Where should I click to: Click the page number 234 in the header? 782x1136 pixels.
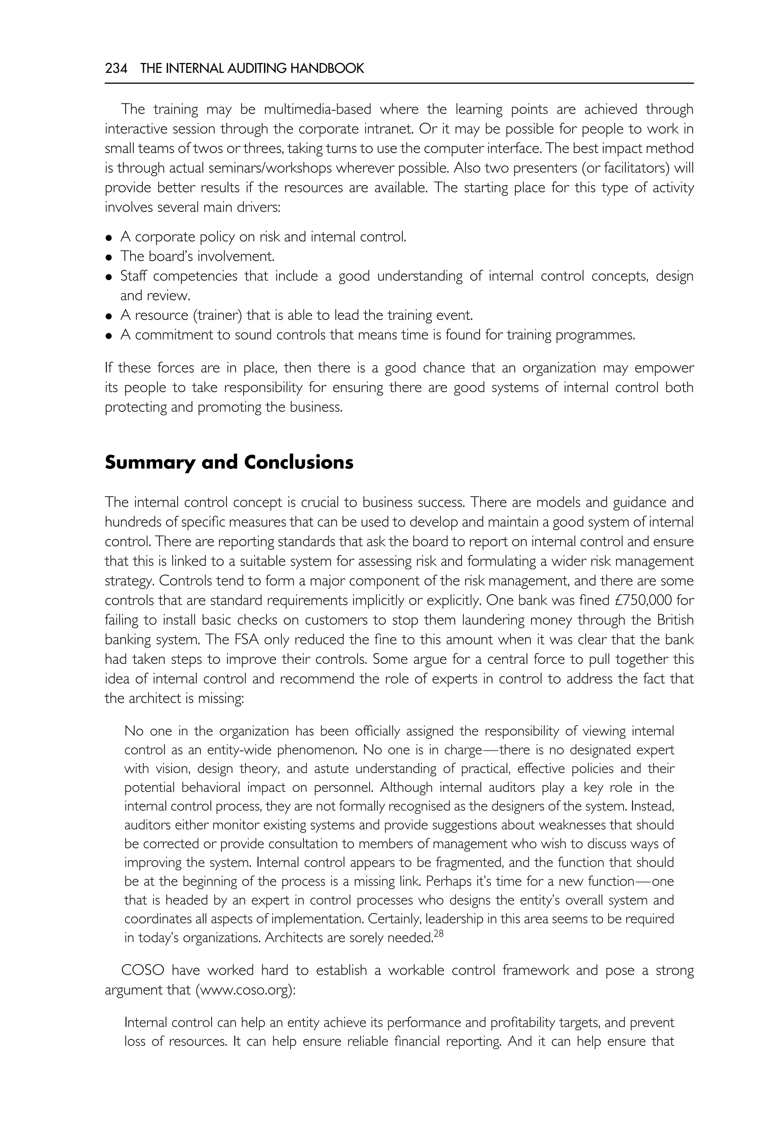(116, 69)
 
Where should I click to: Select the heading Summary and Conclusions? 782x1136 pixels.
(229, 462)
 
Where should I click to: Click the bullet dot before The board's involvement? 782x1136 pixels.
(109, 257)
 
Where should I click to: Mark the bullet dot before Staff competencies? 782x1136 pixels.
(109, 277)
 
